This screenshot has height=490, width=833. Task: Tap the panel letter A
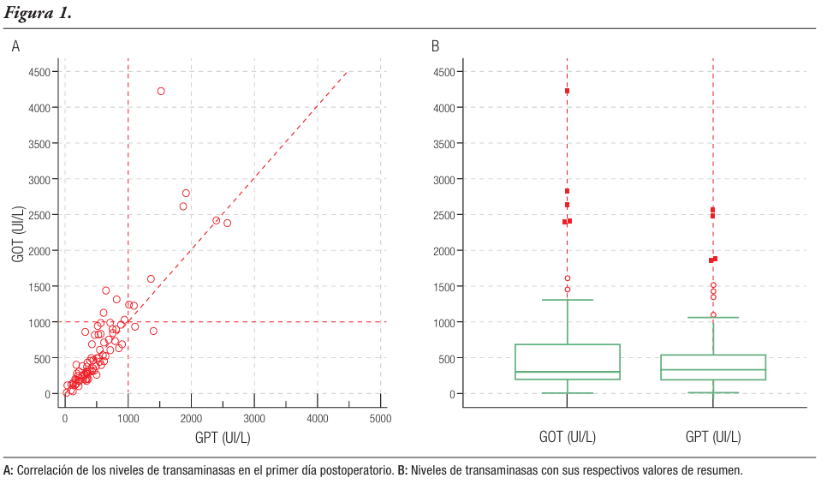pyautogui.click(x=15, y=46)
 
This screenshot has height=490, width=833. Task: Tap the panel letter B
pyautogui.click(x=435, y=46)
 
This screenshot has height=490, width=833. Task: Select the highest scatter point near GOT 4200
pyautogui.click(x=161, y=91)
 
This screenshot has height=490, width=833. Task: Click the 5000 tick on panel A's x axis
pyautogui.click(x=380, y=419)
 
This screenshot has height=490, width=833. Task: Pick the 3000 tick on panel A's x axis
pyautogui.click(x=254, y=419)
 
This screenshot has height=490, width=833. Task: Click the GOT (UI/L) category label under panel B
pyautogui.click(x=567, y=437)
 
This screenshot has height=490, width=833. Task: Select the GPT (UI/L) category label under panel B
pyautogui.click(x=713, y=437)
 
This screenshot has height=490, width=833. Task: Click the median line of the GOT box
pyautogui.click(x=567, y=373)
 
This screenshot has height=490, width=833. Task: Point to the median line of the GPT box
pyautogui.click(x=713, y=370)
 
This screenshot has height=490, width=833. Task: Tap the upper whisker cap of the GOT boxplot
pyautogui.click(x=567, y=300)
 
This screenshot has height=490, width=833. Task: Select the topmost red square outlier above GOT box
pyautogui.click(x=567, y=91)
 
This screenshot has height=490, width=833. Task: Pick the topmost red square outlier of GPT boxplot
pyautogui.click(x=712, y=210)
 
